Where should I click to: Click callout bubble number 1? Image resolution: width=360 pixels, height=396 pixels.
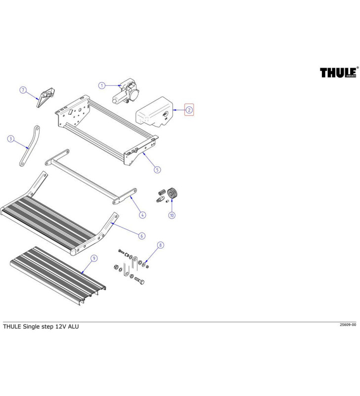(101, 85)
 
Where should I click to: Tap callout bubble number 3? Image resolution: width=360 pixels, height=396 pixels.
(11, 139)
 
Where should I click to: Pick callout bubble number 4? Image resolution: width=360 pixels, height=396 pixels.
(142, 215)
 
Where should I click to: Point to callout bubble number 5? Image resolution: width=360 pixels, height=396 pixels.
(157, 169)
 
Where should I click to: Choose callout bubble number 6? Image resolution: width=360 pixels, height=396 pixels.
(142, 236)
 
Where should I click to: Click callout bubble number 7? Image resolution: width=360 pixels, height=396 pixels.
(23, 90)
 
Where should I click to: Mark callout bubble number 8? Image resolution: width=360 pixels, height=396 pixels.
(160, 246)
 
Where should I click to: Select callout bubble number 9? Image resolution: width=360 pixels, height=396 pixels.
(94, 258)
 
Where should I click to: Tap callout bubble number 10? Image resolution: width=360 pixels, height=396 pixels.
(172, 215)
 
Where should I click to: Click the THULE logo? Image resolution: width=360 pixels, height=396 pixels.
(338, 73)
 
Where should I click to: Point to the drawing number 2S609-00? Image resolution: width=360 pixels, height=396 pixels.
(348, 325)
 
